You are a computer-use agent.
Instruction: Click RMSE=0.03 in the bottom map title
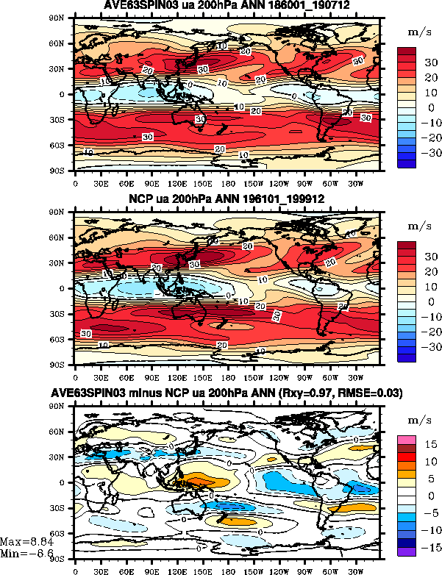coord(375,394)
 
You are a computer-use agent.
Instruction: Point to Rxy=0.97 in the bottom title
coord(326,394)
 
